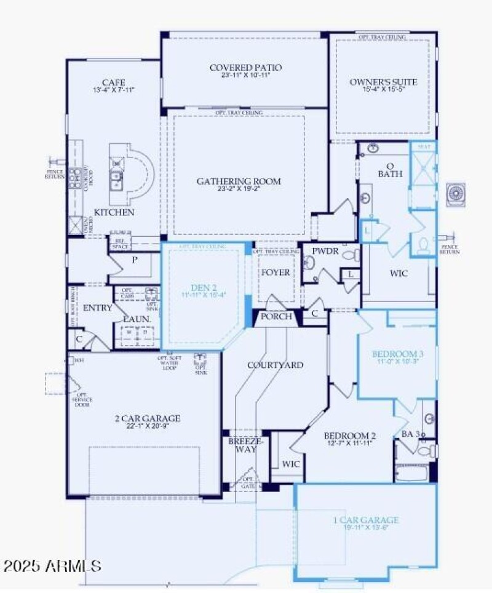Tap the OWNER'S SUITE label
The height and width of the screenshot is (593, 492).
point(383,82)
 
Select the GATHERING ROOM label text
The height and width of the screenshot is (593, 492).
point(239,181)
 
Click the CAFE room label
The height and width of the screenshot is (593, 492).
point(114,82)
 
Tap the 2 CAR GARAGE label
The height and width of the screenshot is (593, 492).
point(148,418)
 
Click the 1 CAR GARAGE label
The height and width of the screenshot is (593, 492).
point(366,520)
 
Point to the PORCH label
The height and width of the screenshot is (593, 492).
point(275,317)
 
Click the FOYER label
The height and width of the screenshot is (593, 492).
point(275,272)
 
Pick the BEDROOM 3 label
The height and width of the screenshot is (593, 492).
point(397,354)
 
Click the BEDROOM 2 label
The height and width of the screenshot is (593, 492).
point(350,436)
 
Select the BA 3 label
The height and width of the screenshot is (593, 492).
point(410,434)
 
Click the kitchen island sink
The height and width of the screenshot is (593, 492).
point(116,180)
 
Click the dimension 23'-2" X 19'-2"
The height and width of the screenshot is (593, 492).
point(239,190)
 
